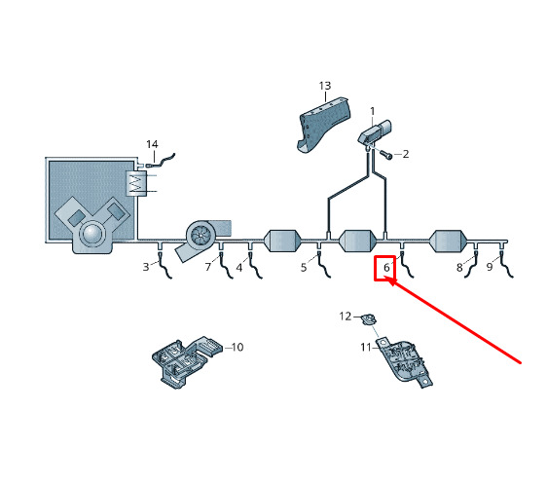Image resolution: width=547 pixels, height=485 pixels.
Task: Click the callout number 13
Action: (325, 86)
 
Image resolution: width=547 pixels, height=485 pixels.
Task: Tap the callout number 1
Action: (372, 111)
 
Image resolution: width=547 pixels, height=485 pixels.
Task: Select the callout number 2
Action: (405, 154)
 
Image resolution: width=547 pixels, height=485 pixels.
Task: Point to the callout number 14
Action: (152, 144)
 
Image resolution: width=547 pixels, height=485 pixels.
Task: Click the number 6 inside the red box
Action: (386, 268)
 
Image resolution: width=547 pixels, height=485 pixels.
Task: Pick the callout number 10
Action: (237, 347)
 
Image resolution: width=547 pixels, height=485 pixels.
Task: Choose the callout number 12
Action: (346, 316)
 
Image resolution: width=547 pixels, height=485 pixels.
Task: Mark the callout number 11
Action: (366, 347)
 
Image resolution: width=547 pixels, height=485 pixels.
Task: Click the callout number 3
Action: (146, 267)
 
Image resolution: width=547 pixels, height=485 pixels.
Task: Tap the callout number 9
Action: (490, 267)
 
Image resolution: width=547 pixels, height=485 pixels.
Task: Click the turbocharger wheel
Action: (200, 235)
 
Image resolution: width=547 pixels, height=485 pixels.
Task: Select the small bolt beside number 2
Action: (385, 154)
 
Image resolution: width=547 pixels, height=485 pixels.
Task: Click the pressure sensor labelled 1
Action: (375, 132)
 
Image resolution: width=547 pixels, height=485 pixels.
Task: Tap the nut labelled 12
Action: (368, 319)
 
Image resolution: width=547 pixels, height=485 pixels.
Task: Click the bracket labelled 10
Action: (187, 360)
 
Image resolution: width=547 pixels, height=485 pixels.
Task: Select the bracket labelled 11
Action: (405, 361)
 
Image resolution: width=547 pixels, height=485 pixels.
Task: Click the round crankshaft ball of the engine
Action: (92, 234)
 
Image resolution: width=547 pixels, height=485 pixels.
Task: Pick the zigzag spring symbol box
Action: (136, 183)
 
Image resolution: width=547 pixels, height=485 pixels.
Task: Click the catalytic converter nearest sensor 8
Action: (449, 241)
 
